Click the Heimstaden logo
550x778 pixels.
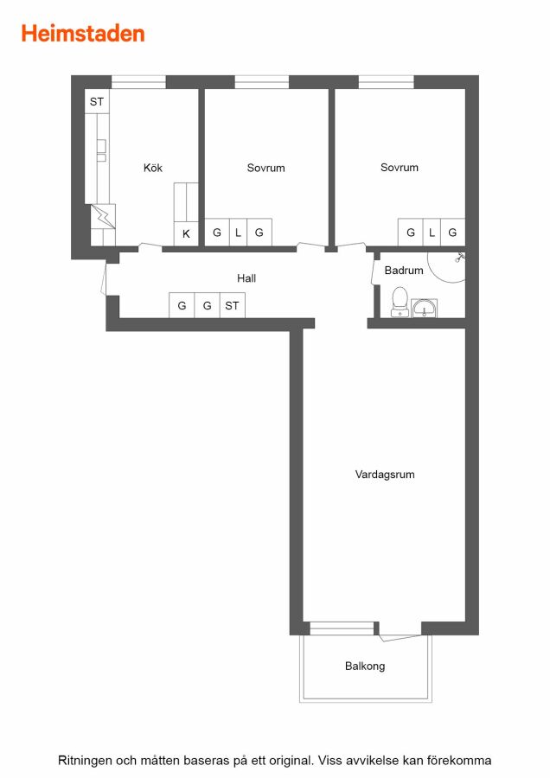[83, 34]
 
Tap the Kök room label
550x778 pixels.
[153, 168]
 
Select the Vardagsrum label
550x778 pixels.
[385, 475]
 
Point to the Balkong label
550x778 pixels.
[365, 666]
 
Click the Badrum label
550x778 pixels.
[404, 271]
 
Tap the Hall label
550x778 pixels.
[246, 277]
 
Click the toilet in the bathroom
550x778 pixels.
[400, 302]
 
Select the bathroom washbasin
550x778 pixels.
[425, 308]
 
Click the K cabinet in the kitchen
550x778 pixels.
[186, 233]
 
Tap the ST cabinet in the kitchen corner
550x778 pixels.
[97, 102]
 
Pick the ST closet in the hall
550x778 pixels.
[232, 305]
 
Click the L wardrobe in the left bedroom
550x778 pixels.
[239, 233]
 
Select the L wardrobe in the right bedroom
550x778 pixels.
[432, 233]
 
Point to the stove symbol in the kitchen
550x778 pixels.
[103, 216]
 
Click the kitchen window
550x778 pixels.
[138, 82]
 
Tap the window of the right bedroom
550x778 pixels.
[387, 82]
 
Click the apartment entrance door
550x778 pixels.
[104, 278]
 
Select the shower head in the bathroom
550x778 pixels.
[460, 258]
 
